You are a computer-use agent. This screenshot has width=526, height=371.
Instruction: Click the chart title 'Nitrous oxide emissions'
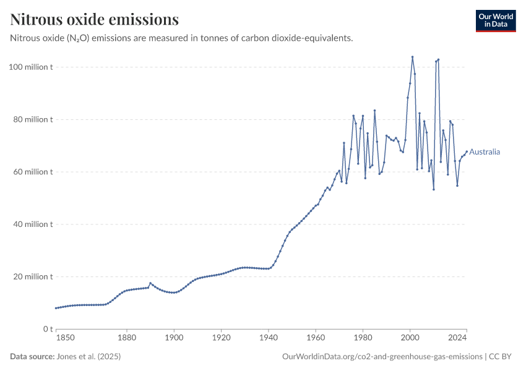click(95, 20)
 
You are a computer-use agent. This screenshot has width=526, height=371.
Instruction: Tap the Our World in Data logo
click(495, 20)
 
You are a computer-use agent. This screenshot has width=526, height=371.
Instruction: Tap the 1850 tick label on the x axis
click(66, 338)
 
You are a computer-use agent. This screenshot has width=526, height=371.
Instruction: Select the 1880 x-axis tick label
click(126, 338)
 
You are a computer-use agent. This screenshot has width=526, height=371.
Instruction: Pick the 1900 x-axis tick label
click(174, 338)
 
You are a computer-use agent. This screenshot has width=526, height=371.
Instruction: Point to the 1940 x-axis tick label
click(269, 338)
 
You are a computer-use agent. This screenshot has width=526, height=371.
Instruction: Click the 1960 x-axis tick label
click(316, 338)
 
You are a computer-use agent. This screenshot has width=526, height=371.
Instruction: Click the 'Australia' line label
click(485, 151)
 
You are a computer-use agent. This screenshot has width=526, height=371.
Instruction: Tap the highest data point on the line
click(412, 57)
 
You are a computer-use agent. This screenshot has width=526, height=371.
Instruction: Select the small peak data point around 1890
click(150, 283)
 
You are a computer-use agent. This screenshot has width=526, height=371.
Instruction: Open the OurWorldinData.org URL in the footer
click(382, 357)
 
